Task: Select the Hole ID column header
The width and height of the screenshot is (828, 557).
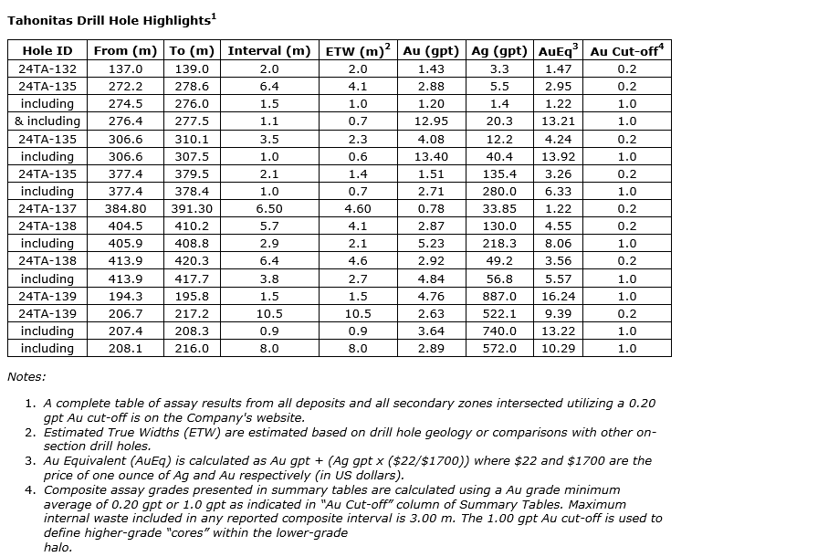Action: point(47,51)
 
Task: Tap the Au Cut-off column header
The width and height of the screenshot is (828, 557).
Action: point(627,51)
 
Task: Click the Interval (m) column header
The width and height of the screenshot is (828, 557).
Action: point(269,51)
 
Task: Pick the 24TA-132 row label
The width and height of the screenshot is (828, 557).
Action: point(47,69)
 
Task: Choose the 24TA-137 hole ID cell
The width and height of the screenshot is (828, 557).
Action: point(47,209)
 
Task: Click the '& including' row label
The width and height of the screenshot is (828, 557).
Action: point(47,121)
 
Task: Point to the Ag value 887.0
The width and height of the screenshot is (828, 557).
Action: point(499,297)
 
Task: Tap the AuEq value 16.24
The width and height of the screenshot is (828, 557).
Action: point(558,297)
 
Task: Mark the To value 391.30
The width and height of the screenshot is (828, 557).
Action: point(192,209)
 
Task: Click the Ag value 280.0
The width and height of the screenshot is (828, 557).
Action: point(499,192)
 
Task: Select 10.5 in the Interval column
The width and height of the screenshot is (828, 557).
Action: point(269,314)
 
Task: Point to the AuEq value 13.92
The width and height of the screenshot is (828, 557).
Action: point(558,157)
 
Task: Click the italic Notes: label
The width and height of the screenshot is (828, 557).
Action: point(26,376)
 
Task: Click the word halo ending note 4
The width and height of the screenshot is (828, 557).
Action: point(58,547)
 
